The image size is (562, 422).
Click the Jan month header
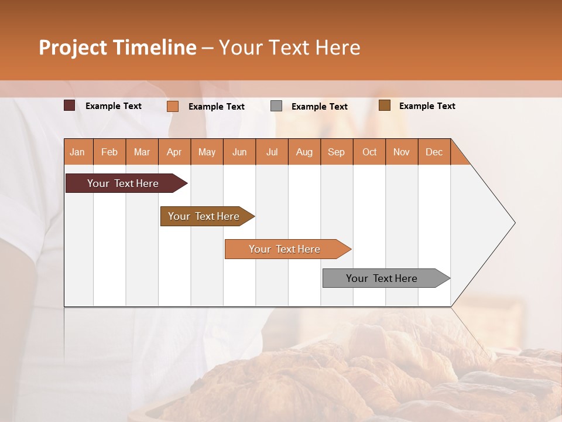pos(78,152)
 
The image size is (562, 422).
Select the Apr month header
pos(174,152)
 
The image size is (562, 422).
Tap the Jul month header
pos(272,152)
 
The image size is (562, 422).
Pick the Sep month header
pos(336,152)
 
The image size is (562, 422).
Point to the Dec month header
pos(434,152)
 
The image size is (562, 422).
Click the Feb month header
pos(109,152)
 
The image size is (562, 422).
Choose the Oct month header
pos(369,152)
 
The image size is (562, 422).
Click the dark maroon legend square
pos(70,105)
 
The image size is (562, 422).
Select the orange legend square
pos(173,106)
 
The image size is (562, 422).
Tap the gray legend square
pos(276,106)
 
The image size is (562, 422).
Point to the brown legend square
pos(385,105)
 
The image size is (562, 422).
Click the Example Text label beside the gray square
pos(319,107)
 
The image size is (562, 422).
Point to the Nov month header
pos(402,152)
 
